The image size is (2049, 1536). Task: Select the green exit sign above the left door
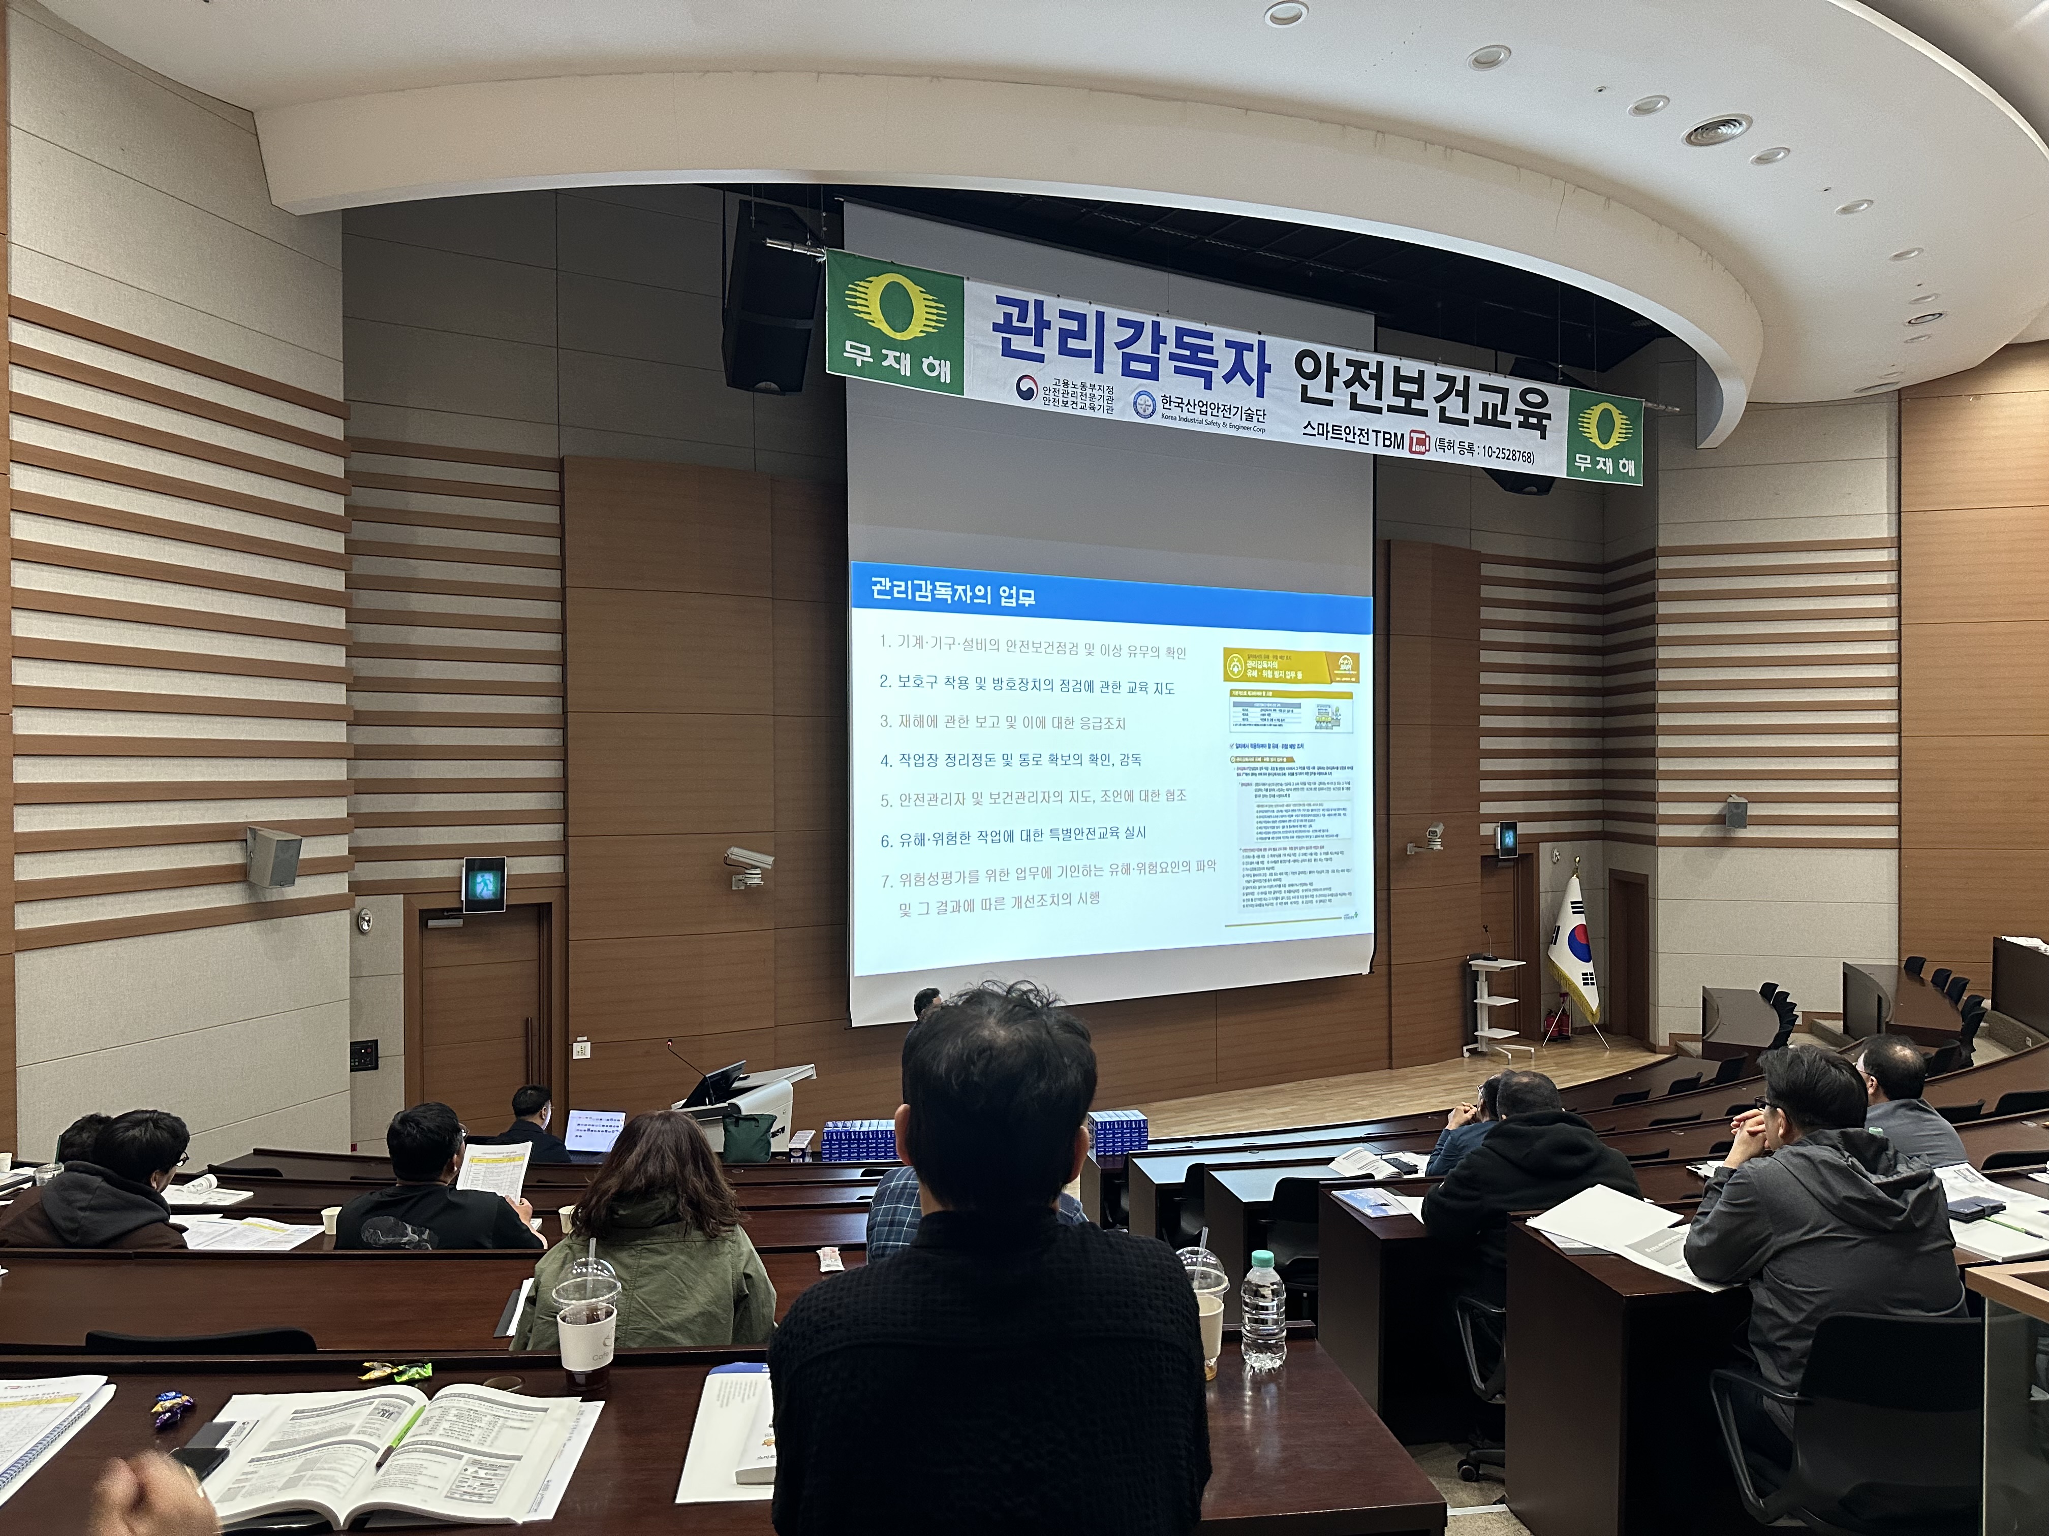[483, 884]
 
